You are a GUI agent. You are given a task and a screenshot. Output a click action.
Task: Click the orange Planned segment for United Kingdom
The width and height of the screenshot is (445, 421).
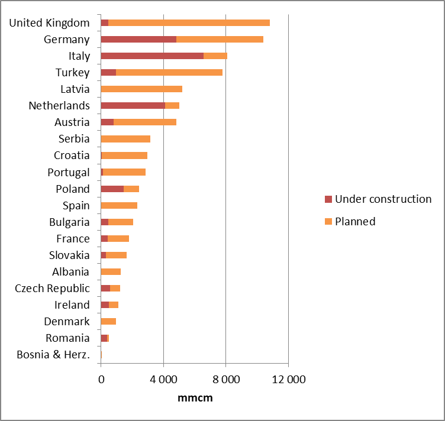(x=189, y=22)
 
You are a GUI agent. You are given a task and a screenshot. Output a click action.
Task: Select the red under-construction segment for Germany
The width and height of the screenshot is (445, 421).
(x=138, y=39)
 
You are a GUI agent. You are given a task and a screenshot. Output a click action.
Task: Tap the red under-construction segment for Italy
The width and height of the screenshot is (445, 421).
(x=152, y=56)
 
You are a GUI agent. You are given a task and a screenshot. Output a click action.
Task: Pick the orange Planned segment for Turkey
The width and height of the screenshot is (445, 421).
(x=169, y=72)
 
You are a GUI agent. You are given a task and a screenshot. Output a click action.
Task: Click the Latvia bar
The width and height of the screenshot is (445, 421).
(x=141, y=89)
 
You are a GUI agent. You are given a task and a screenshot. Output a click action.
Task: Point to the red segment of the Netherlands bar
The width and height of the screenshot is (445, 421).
(x=133, y=105)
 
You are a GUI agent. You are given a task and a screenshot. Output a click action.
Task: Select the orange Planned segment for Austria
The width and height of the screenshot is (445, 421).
(x=145, y=122)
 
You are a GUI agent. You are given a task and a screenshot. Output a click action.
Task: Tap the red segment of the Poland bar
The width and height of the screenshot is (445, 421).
(x=112, y=189)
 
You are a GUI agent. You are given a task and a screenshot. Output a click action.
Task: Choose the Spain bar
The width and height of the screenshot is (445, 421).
(x=119, y=205)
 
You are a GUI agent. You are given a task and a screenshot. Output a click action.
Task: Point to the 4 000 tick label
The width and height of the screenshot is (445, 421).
(x=164, y=380)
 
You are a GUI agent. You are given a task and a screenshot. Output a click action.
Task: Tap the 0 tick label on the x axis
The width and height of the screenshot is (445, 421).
(x=101, y=380)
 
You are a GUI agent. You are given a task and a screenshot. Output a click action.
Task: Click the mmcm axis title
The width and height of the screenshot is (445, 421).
(x=195, y=398)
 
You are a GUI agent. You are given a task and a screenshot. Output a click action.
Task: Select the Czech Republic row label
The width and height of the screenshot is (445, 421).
(x=53, y=289)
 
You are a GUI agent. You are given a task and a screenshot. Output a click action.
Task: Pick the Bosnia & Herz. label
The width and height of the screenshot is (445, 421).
(x=53, y=355)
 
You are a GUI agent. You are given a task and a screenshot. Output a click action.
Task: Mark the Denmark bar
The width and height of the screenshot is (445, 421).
(x=108, y=322)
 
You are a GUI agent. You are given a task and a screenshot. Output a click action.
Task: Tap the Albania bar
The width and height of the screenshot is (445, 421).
(x=111, y=272)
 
